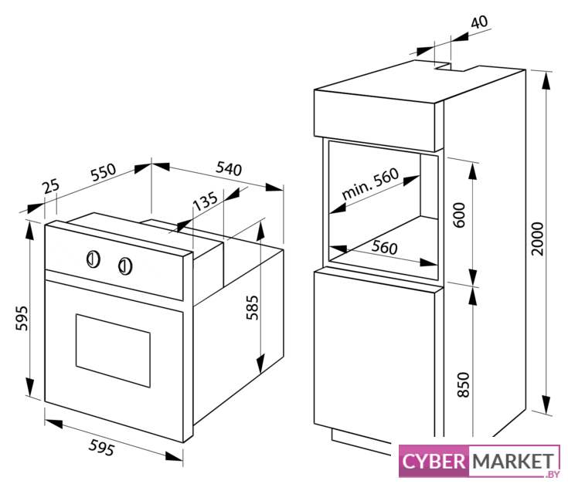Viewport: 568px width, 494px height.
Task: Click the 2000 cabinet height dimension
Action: pyautogui.click(x=537, y=239)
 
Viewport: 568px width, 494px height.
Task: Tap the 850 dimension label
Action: pyautogui.click(x=464, y=384)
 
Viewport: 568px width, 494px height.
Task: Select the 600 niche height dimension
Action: pyautogui.click(x=459, y=215)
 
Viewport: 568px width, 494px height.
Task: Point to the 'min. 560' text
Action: pyautogui.click(x=370, y=184)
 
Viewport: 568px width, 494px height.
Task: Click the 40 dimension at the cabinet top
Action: pyautogui.click(x=479, y=22)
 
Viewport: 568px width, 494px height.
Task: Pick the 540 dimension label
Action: pyautogui.click(x=229, y=168)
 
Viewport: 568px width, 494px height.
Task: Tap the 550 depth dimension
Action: pyautogui.click(x=104, y=172)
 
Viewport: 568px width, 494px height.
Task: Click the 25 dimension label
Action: pyautogui.click(x=51, y=186)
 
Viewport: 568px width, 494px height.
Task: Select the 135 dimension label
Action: pyautogui.click(x=206, y=201)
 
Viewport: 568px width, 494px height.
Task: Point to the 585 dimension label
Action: pyautogui.click(x=253, y=308)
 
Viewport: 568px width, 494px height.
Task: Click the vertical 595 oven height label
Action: pyautogui.click(x=22, y=318)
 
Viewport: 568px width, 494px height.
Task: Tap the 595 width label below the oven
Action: pyautogui.click(x=102, y=448)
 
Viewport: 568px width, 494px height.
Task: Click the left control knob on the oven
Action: pyautogui.click(x=93, y=259)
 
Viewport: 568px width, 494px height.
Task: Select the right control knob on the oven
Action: pyautogui.click(x=125, y=266)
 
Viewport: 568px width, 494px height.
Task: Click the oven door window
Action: pyautogui.click(x=113, y=350)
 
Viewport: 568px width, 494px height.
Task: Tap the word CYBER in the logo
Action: pyautogui.click(x=434, y=462)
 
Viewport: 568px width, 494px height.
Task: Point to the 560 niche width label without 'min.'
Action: pyautogui.click(x=384, y=248)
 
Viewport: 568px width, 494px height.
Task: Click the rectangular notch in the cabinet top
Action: pyautogui.click(x=449, y=67)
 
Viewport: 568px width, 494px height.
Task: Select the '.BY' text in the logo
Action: pyautogui.click(x=553, y=475)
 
